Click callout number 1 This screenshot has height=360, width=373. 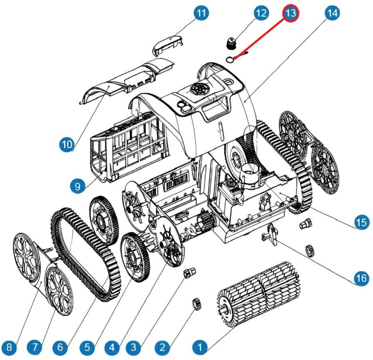coord(200,348)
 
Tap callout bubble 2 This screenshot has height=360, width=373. coord(163,348)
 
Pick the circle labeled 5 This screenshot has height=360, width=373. coord(87,348)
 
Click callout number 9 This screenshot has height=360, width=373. coord(76,186)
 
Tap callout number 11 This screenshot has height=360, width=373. coord(202,13)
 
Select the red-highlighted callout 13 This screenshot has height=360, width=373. coord(290,13)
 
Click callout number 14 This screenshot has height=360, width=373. coord(332,13)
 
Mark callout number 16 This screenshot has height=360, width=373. coord(362,278)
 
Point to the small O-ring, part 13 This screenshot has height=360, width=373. coord(230,58)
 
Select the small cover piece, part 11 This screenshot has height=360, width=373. coord(168,47)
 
